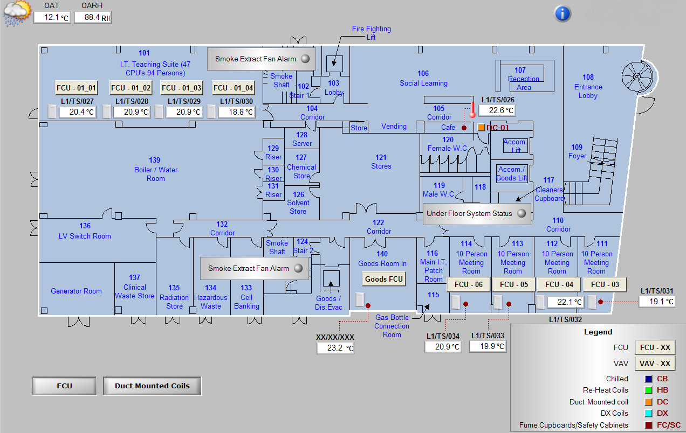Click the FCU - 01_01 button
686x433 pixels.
(x=76, y=88)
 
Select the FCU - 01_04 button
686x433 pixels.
(x=233, y=88)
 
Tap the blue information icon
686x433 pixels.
(x=562, y=13)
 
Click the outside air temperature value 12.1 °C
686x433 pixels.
(x=52, y=17)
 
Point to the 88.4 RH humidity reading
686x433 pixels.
(x=93, y=17)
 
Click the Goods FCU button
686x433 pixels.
(x=384, y=279)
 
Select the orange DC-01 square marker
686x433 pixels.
(x=481, y=128)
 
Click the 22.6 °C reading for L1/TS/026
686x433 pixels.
(x=497, y=110)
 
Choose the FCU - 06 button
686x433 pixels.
(x=468, y=284)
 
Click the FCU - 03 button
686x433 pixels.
(x=605, y=284)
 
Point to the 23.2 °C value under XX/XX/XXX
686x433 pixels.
(x=335, y=348)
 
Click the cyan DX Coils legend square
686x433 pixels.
(x=648, y=413)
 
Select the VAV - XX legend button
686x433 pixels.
(x=655, y=364)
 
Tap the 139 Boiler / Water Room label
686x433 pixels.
(x=155, y=169)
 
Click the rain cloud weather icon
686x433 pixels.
(x=17, y=13)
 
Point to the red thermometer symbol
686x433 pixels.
(x=472, y=110)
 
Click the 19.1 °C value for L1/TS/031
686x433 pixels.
(x=657, y=302)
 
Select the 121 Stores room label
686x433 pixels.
(x=381, y=162)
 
